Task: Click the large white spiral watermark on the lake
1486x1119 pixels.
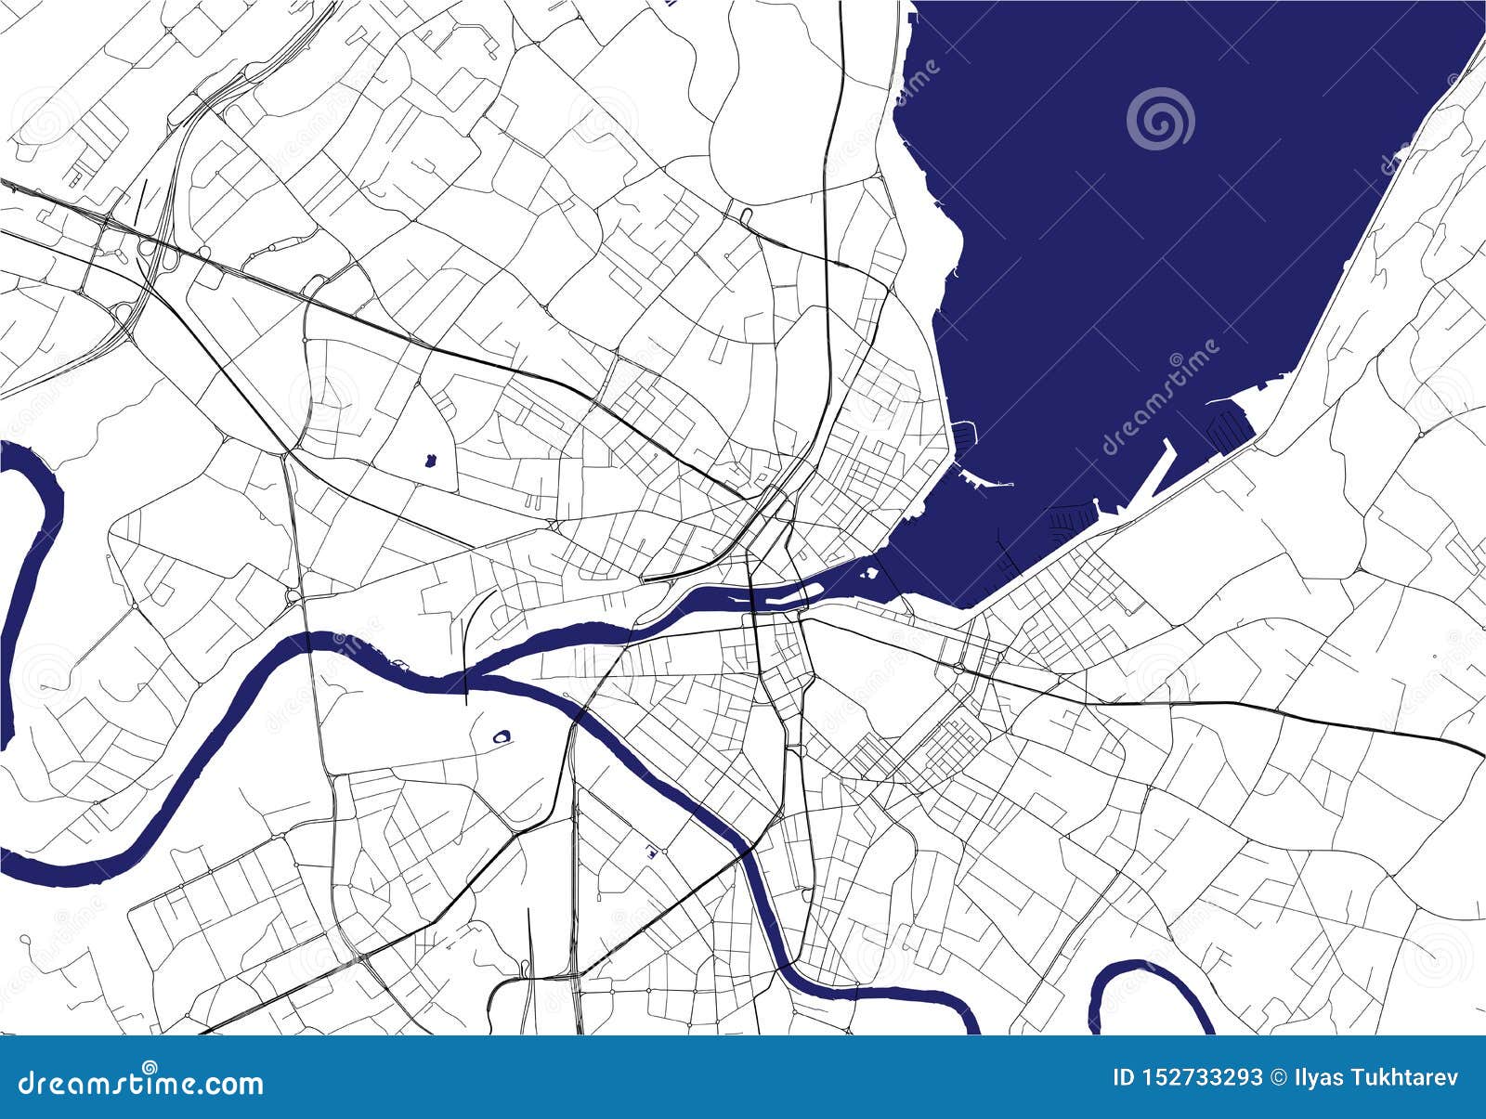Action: [x=1161, y=119]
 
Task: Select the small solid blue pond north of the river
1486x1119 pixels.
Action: [x=430, y=460]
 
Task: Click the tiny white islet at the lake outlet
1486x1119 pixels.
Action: [x=870, y=573]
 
